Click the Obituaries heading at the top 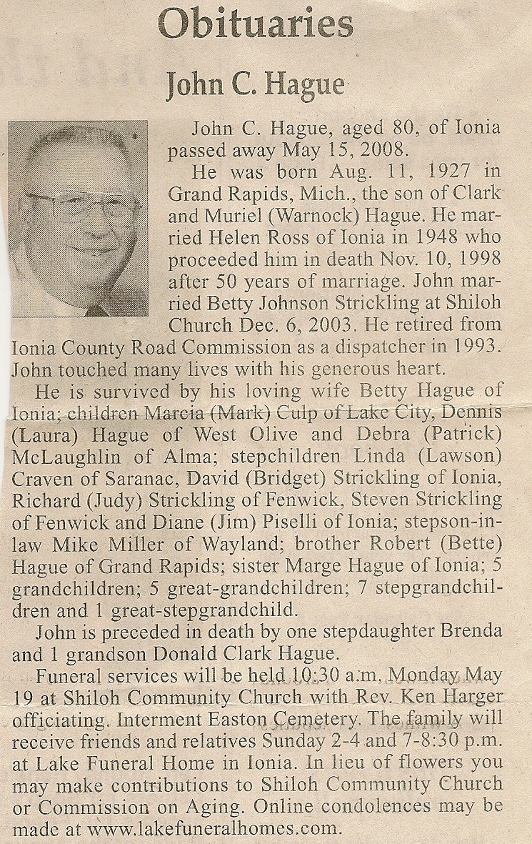click(256, 25)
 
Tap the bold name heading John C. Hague click(255, 86)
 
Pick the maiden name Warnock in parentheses click(293, 217)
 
